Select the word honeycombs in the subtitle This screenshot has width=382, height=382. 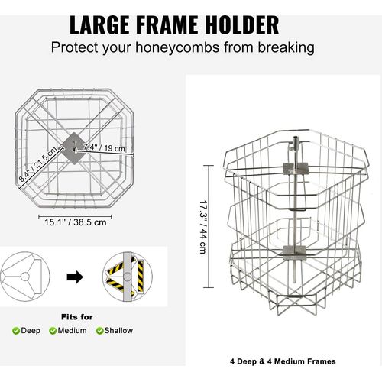click(x=177, y=47)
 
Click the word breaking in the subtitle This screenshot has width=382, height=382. click(x=286, y=48)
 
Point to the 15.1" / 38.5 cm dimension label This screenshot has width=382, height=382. click(x=76, y=222)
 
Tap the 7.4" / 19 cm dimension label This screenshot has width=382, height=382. click(x=105, y=147)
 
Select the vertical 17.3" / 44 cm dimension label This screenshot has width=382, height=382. click(x=203, y=227)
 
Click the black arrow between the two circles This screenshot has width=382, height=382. click(x=75, y=277)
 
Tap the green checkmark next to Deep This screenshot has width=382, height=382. click(x=16, y=331)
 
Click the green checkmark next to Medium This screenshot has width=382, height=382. click(x=53, y=331)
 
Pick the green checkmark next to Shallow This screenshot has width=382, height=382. click(x=99, y=331)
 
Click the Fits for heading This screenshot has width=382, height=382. click(x=77, y=317)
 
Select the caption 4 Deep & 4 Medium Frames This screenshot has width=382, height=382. click(x=283, y=361)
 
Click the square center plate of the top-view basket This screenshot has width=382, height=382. click(x=74, y=148)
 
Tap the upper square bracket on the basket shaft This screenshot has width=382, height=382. click(x=296, y=168)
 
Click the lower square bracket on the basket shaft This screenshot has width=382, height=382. click(x=294, y=251)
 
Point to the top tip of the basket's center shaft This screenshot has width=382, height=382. click(x=296, y=138)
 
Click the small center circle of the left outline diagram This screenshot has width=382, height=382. click(x=24, y=277)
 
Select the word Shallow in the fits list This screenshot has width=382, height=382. click(x=118, y=331)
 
